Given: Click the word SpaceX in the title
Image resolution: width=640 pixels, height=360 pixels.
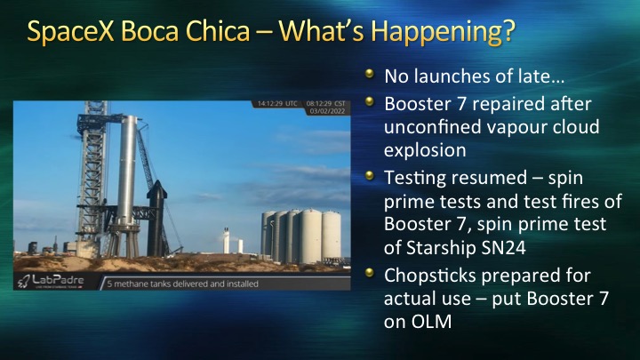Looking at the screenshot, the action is point(70,31).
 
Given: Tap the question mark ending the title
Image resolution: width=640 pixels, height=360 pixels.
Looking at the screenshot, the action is point(508,30).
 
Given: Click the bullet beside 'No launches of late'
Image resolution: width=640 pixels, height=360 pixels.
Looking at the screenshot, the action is point(370,74).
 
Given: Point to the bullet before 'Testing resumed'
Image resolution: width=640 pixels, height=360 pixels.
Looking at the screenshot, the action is point(370,175).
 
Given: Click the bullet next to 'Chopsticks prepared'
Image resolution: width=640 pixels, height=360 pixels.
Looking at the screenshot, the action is point(370,273).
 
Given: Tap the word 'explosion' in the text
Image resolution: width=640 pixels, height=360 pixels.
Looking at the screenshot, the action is point(425,150).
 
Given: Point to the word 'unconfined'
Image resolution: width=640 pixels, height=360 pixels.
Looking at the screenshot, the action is point(433,127).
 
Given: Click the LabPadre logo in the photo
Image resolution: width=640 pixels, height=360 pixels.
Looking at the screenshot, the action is point(50,281).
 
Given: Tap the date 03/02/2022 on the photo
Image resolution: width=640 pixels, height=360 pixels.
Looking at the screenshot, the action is point(327,111).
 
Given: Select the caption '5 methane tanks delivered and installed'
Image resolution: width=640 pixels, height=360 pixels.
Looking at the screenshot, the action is point(182,284).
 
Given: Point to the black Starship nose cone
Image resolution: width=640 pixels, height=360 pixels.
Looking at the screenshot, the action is point(156,189).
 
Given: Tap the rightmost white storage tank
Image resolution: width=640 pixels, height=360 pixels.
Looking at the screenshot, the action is point(331,235).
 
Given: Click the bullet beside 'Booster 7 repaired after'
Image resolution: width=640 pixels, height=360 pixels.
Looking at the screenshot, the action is point(370,101).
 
